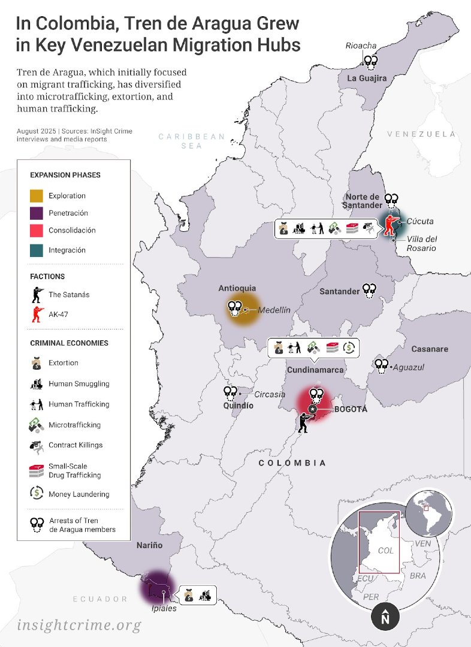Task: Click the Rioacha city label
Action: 361,46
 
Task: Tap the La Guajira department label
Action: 367,78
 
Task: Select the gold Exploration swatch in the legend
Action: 37,196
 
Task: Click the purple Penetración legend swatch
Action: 37,213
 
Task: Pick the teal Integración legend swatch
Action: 37,250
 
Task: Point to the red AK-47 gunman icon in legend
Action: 37,313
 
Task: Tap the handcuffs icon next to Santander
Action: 369,291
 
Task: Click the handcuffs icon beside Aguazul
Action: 381,365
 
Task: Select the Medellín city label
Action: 274,310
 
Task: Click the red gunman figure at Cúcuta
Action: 391,225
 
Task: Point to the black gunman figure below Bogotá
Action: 304,423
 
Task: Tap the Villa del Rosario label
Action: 421,244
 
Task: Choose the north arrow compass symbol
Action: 385,616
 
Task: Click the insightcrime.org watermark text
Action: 79,625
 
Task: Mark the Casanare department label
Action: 429,349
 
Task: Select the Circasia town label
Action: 270,394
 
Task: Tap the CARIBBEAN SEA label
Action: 192,141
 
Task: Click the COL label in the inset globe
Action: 386,551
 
